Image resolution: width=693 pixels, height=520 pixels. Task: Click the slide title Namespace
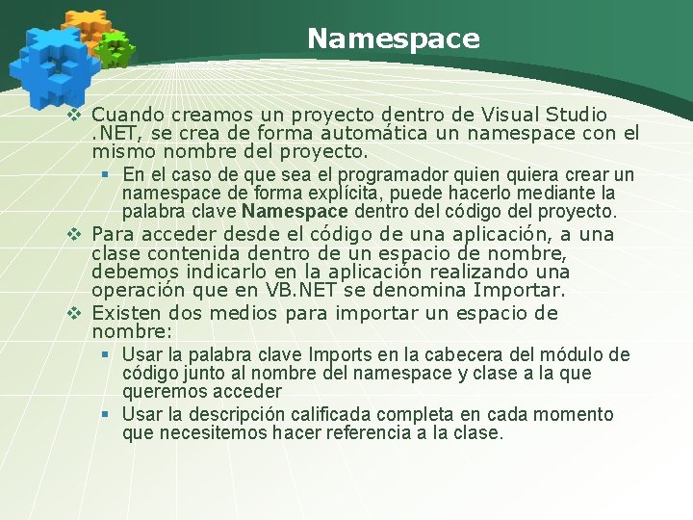coord(393,39)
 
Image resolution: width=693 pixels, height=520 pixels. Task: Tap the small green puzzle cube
coord(116,48)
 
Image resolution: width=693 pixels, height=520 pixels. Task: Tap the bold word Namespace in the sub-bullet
coord(295,211)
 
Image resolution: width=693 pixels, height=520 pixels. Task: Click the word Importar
coord(519,290)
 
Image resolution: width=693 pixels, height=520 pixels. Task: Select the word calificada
coord(328,414)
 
